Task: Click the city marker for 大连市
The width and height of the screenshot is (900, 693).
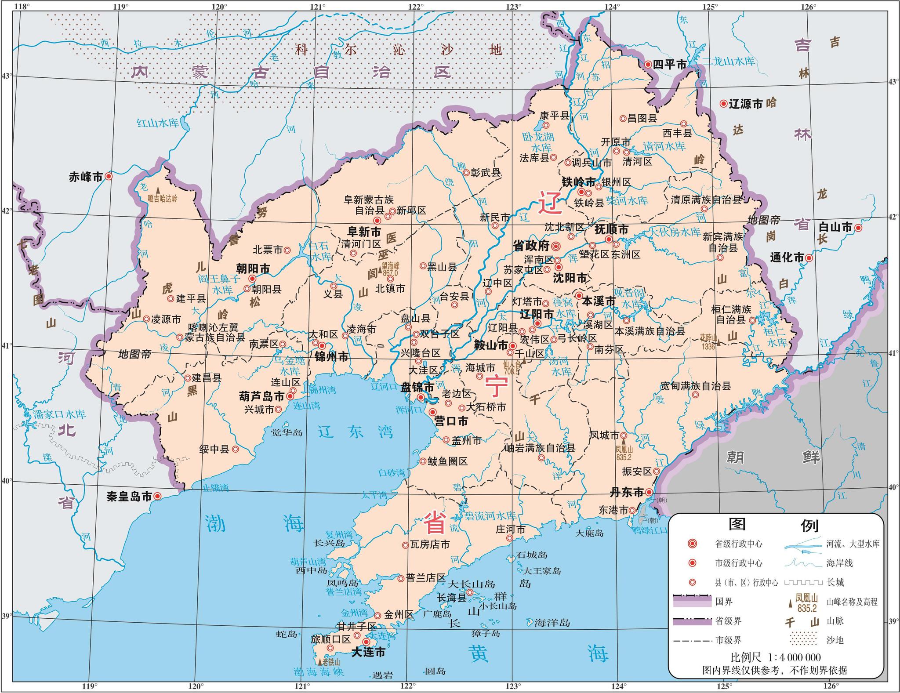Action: (366, 642)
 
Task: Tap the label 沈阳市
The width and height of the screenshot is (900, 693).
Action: (570, 278)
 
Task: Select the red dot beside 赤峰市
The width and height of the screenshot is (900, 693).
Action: (109, 176)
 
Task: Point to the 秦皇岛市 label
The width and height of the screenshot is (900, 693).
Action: (129, 497)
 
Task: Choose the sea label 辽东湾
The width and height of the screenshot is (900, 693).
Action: (356, 432)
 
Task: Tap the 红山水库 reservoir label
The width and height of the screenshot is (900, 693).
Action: (158, 123)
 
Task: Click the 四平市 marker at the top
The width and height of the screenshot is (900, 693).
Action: (648, 64)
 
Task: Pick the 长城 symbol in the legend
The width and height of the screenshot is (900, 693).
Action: (803, 582)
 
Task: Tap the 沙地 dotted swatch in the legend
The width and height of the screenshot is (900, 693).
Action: (803, 639)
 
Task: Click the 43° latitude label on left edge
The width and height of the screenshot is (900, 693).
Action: (7, 76)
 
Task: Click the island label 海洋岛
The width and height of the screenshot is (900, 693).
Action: (552, 623)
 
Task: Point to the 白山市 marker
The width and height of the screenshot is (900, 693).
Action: (857, 228)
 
